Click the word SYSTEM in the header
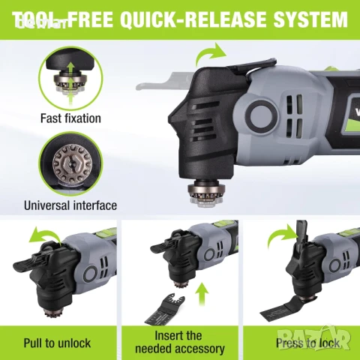(310, 19)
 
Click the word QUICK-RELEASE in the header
(193, 19)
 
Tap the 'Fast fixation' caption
(70, 118)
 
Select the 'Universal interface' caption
(70, 205)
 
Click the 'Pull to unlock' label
(57, 343)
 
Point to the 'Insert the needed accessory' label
(180, 342)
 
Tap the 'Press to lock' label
(307, 343)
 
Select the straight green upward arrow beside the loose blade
(202, 295)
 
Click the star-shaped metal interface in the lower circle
(72, 163)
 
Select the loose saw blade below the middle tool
(165, 308)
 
